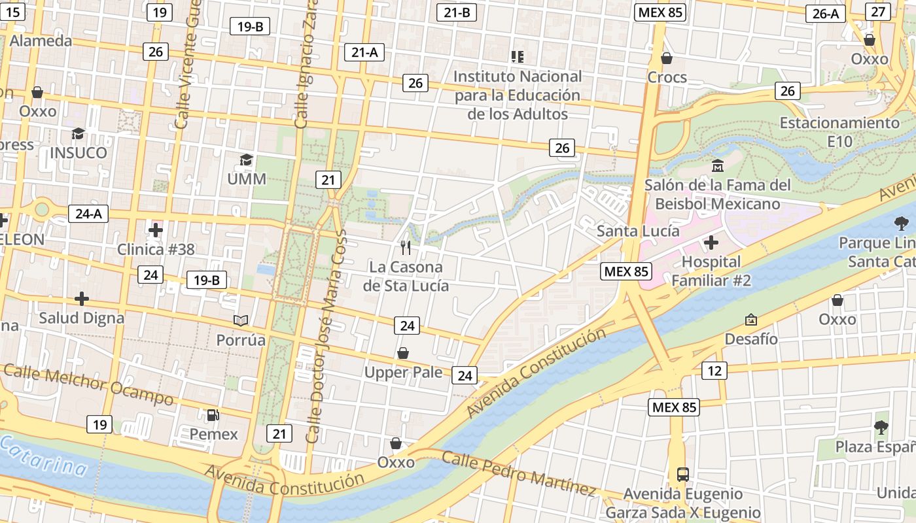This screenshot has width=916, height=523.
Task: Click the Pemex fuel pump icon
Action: tap(213, 414)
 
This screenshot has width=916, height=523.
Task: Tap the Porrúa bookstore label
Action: tap(241, 340)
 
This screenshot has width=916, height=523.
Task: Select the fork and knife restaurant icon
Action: tap(406, 247)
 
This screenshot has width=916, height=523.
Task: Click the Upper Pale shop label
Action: tap(403, 373)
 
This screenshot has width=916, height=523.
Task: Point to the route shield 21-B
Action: tap(457, 12)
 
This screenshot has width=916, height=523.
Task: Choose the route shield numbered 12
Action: tap(714, 371)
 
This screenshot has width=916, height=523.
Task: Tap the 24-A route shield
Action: tap(88, 214)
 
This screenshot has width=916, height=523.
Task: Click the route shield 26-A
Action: tap(826, 14)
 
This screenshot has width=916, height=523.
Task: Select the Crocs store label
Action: tap(667, 77)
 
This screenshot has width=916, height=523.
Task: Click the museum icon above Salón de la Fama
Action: tap(718, 165)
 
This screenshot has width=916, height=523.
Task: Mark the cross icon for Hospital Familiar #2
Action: tap(711, 243)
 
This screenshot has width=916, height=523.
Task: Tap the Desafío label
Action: tap(751, 339)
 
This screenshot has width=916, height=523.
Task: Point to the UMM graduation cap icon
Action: tap(246, 160)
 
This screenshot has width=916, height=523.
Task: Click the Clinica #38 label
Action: tap(156, 249)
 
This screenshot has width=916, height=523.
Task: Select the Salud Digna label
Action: tap(81, 318)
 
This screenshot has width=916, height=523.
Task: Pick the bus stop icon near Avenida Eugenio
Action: tap(682, 473)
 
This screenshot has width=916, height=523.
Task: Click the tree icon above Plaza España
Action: tap(881, 428)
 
